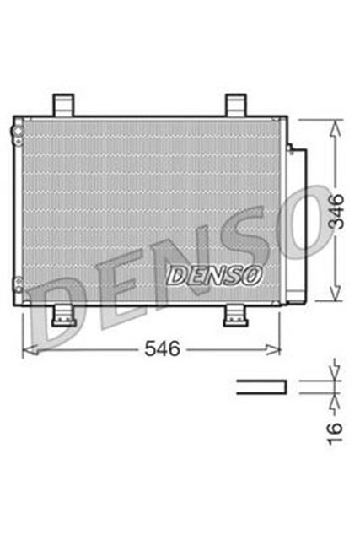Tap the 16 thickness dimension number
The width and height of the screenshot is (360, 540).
pyautogui.click(x=336, y=429)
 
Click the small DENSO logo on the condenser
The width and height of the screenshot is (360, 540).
pyautogui.click(x=215, y=273)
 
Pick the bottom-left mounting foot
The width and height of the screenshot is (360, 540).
pyautogui.click(x=65, y=316)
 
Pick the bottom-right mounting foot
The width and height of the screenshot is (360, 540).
pyautogui.click(x=234, y=316)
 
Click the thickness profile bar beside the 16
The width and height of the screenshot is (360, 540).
pyautogui.click(x=261, y=386)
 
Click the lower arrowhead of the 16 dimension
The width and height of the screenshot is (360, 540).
pyautogui.click(x=336, y=399)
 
